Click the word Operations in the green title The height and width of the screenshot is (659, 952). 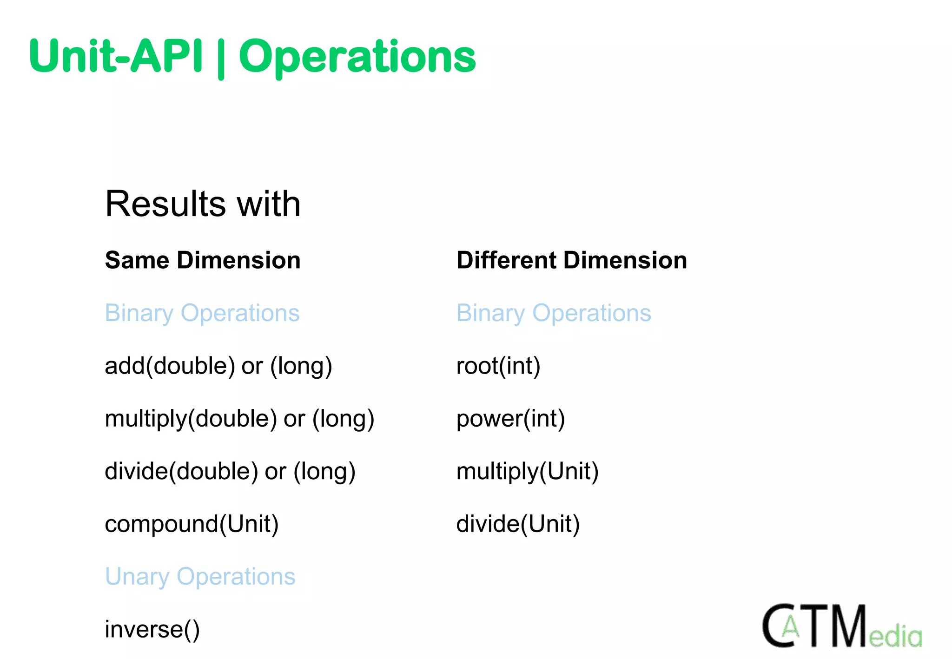point(357,57)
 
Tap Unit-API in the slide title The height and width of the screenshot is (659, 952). point(116,57)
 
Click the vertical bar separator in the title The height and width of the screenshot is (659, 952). point(221,58)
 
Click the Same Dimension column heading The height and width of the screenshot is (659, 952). point(203,260)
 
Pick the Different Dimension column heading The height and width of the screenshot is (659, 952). point(571,260)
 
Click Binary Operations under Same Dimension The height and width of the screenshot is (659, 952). point(202,313)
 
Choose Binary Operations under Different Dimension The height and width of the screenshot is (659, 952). point(554,313)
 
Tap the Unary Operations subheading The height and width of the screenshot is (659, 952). point(200,577)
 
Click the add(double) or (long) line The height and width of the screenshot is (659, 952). point(218,366)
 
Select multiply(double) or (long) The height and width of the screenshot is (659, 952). point(239,419)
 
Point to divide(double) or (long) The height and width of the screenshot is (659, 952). point(230,471)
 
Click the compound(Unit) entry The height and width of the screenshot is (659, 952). point(192,524)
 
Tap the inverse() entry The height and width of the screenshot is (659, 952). point(152,629)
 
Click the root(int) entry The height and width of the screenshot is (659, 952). point(498,366)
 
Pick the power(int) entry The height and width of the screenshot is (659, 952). point(510,419)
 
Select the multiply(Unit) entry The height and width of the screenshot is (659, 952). point(527,471)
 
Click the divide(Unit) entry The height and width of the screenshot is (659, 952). point(518,524)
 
